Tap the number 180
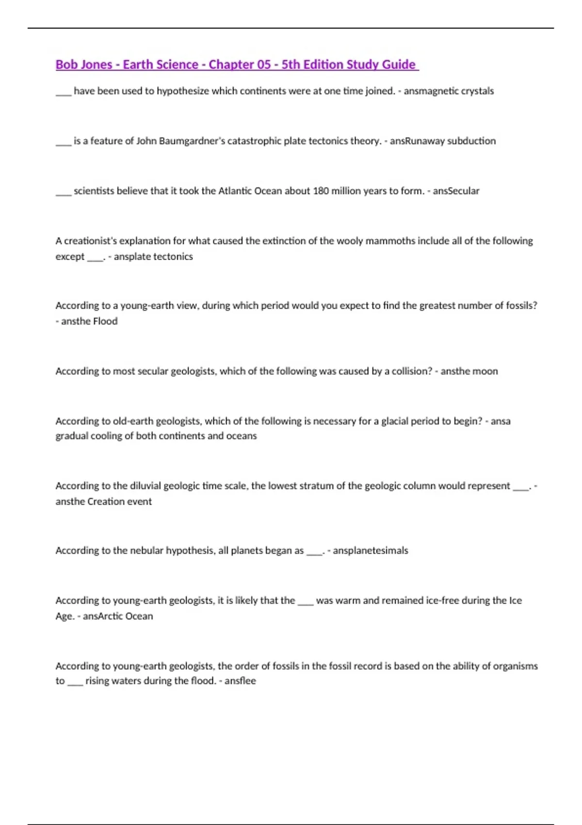coord(321,191)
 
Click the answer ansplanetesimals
coord(371,551)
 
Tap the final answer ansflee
coord(240,681)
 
